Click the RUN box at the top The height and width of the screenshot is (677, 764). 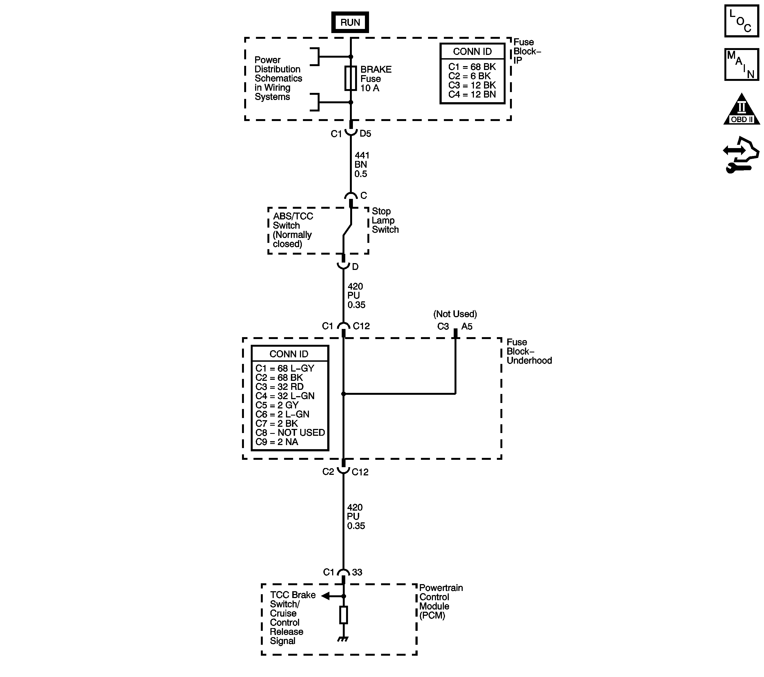(350, 22)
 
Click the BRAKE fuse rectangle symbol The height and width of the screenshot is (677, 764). (350, 78)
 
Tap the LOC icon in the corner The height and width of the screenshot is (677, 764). (742, 21)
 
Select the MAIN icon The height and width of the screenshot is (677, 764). (742, 64)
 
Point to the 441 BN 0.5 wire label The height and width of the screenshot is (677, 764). (361, 164)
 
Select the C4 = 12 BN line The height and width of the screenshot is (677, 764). (472, 95)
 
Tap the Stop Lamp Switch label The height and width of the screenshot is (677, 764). (385, 220)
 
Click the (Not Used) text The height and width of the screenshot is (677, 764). (455, 314)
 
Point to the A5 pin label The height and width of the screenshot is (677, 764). (467, 326)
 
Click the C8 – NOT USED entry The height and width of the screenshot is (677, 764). (290, 432)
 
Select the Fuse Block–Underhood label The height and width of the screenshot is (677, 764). (529, 351)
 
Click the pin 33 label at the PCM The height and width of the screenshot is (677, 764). (357, 572)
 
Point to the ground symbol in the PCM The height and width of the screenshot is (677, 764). (343, 639)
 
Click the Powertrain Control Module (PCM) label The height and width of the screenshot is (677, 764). (440, 602)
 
